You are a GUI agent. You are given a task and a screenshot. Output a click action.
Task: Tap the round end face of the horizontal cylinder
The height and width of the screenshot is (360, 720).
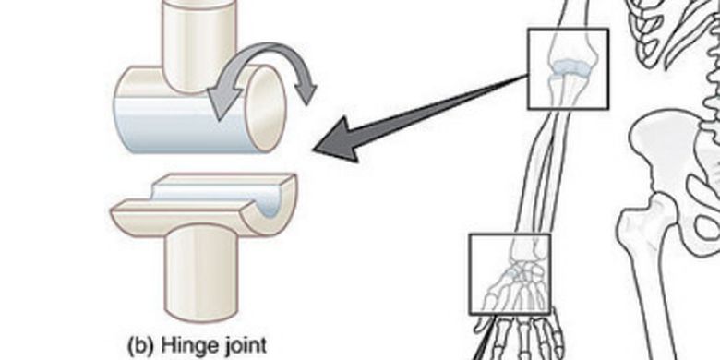click(266, 108)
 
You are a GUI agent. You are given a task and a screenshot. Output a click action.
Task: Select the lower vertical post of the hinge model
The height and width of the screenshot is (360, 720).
click(201, 273)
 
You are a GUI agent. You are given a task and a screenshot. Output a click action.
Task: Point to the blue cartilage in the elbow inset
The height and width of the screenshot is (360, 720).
click(569, 68)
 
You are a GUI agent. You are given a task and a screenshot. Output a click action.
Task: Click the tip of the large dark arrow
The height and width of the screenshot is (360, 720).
click(314, 150)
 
